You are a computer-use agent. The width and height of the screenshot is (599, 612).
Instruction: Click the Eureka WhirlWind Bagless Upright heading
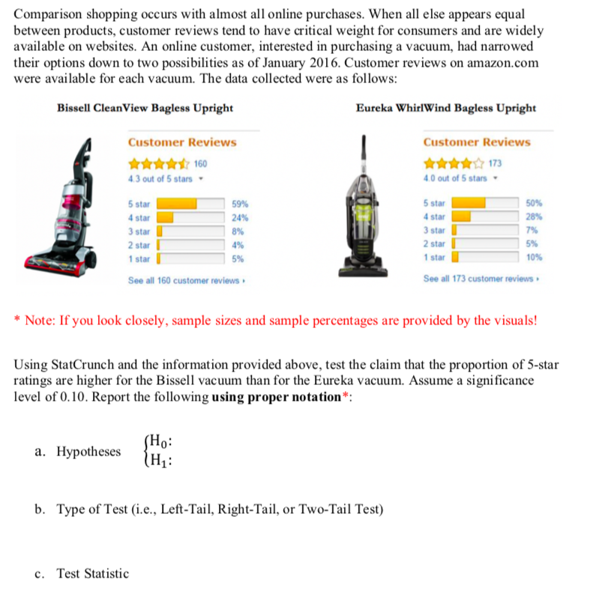[x=445, y=108]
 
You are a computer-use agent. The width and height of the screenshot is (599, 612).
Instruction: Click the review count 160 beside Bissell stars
[x=201, y=163]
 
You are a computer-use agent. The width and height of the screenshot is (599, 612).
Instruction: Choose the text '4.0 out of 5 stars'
[x=454, y=178]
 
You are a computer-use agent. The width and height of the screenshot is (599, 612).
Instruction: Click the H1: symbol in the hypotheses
[x=163, y=459]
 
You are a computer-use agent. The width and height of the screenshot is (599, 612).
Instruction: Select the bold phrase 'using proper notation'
[x=277, y=396]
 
